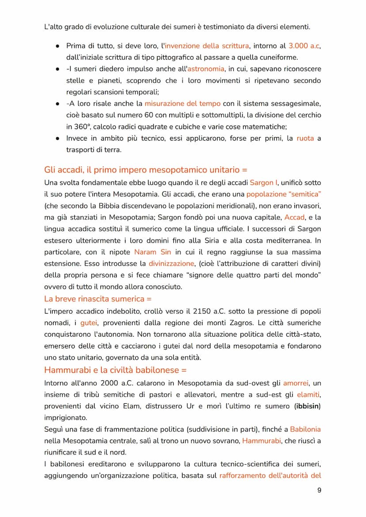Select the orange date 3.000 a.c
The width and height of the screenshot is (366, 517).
304,46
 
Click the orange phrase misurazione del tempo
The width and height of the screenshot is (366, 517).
182,103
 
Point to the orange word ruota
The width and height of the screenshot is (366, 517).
305,138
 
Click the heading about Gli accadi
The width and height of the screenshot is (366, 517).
146,169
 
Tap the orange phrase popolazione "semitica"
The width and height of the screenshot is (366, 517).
283,194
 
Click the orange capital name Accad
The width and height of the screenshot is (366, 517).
294,217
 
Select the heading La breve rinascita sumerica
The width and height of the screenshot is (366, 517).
98,299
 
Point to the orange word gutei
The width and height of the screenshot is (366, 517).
88,323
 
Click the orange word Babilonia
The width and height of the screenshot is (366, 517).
305,429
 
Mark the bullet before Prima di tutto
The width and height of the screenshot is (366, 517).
58,46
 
